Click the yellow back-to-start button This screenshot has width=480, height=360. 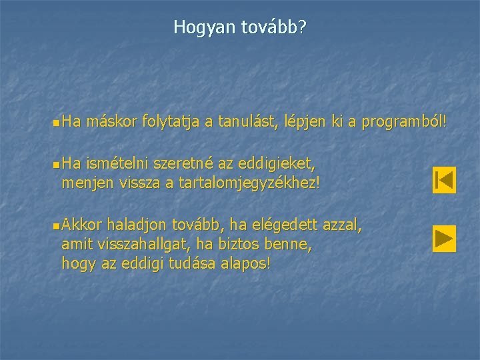pyautogui.click(x=443, y=180)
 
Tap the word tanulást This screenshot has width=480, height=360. pyautogui.click(x=246, y=122)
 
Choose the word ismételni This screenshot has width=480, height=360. pyautogui.click(x=117, y=163)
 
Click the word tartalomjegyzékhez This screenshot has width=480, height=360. pyautogui.click(x=251, y=181)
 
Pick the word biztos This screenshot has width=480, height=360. pyautogui.click(x=235, y=245)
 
